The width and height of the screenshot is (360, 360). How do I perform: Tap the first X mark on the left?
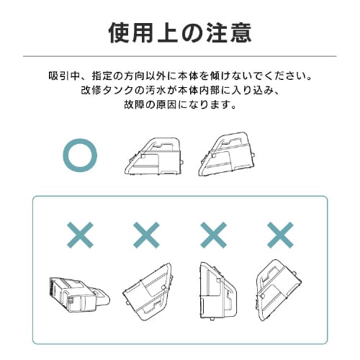(81, 235)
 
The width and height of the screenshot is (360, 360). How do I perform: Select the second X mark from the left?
(147, 235)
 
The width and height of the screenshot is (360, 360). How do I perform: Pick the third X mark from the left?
(213, 235)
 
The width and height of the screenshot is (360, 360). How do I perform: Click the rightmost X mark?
(279, 235)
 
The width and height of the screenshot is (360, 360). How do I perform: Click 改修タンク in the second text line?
(104, 90)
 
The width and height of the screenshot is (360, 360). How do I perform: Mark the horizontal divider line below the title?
(180, 55)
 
